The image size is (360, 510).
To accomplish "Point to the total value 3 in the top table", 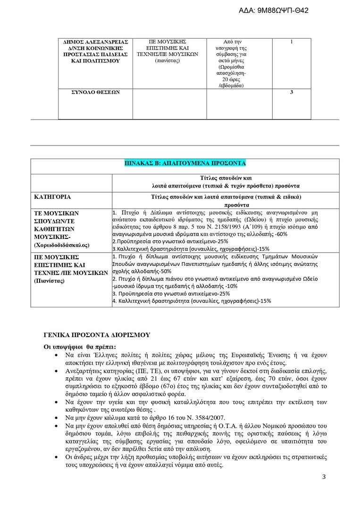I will tap(292, 92).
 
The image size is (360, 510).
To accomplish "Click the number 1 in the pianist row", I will tap(292, 42).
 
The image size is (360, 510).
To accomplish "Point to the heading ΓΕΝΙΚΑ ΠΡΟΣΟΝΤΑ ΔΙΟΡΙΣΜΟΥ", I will tap(97, 335).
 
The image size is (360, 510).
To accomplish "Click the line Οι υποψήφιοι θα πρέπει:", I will tap(76, 347).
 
